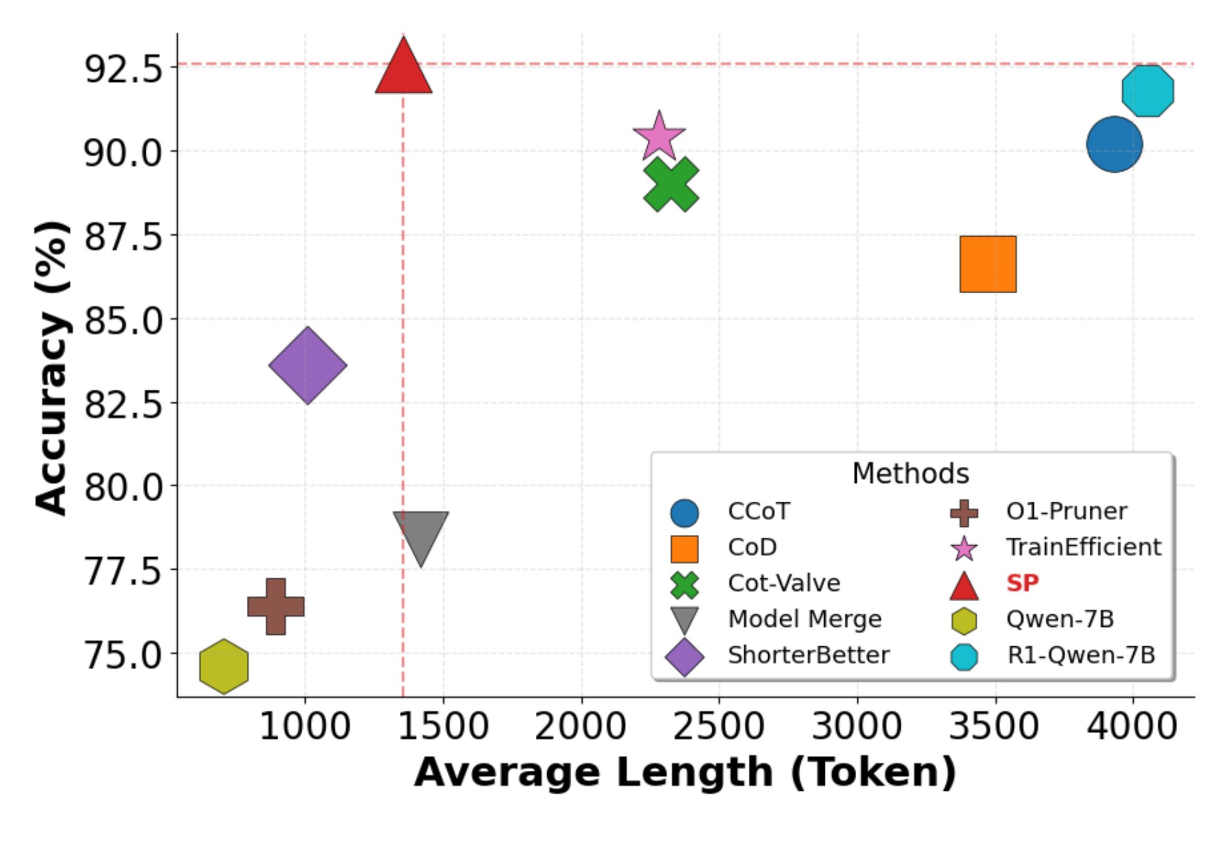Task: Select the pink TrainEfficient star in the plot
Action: click(x=659, y=137)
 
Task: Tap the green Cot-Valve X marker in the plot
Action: click(x=671, y=185)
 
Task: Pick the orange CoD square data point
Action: click(x=988, y=264)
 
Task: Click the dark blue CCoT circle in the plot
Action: click(x=1114, y=145)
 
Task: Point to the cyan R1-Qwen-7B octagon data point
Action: click(x=1148, y=91)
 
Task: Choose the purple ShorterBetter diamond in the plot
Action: click(x=308, y=366)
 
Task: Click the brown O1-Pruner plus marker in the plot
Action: click(x=276, y=606)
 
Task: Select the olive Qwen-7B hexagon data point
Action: click(x=224, y=666)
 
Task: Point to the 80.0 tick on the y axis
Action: click(x=124, y=487)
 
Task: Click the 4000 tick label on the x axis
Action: click(x=1132, y=726)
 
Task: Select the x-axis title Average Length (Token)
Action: click(x=685, y=773)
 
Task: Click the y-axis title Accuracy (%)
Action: click(x=52, y=367)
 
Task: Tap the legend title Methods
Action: click(x=910, y=474)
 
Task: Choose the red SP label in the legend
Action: click(x=1022, y=583)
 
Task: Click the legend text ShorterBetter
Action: click(x=808, y=655)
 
